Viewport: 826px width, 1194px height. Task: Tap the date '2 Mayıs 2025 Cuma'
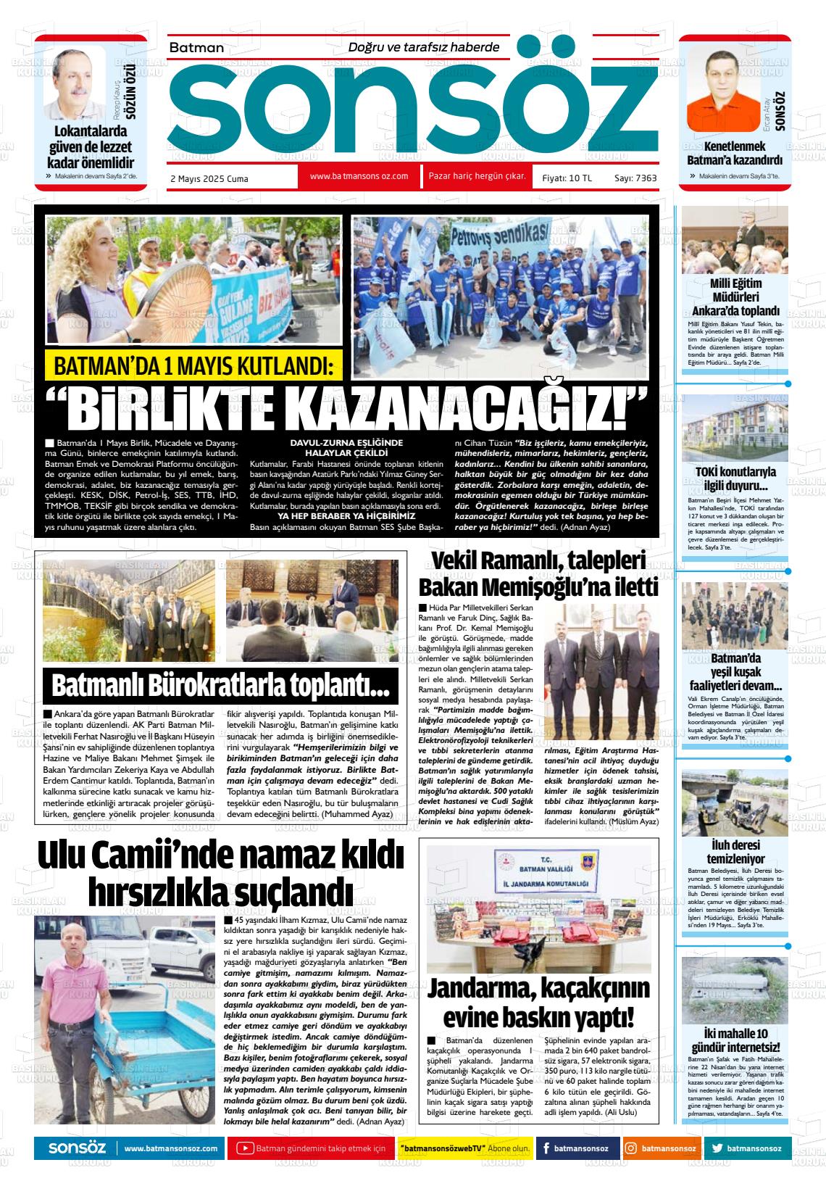[x=209, y=178]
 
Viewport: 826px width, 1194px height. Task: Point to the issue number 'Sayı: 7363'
[x=635, y=178]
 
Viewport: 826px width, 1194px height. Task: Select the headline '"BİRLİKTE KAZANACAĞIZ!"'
[x=346, y=410]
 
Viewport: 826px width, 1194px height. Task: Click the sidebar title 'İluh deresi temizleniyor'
[x=735, y=853]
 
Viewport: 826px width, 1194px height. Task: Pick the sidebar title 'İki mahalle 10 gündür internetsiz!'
[x=735, y=1040]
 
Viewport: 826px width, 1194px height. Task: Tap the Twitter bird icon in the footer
[x=717, y=1148]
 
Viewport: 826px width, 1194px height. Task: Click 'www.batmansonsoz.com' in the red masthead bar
[x=359, y=176]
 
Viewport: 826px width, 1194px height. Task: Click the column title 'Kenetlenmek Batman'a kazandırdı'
[x=735, y=153]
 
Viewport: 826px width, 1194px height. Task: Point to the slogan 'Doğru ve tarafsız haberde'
[x=424, y=47]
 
